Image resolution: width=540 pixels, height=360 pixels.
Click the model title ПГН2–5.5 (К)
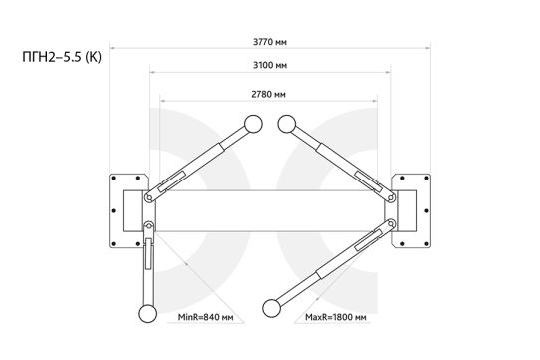click(x=62, y=57)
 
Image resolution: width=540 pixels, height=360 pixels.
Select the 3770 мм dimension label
click(x=270, y=42)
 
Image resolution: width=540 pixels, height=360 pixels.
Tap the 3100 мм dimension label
click(x=270, y=65)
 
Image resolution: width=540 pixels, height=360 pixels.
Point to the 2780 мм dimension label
click(x=268, y=94)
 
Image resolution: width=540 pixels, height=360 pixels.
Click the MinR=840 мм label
click(x=205, y=317)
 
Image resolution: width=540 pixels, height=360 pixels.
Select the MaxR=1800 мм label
click(x=336, y=317)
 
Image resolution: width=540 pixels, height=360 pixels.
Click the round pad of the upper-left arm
click(x=253, y=124)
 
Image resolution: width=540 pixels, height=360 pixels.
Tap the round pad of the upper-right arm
click(x=287, y=124)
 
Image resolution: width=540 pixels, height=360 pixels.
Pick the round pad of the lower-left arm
click(x=148, y=314)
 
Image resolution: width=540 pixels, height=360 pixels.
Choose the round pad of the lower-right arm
click(x=271, y=308)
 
